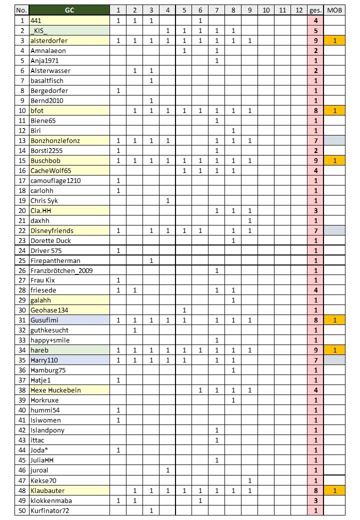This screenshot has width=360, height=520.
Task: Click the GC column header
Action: tap(69, 10)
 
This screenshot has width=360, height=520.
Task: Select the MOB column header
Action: tap(334, 10)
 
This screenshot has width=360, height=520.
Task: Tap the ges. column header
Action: tap(316, 10)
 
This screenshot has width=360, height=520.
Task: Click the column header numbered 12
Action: tap(299, 10)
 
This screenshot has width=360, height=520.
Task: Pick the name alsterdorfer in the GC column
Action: tap(49, 40)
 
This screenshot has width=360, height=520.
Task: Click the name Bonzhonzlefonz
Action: tap(55, 140)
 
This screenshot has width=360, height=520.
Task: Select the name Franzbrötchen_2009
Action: tap(61, 270)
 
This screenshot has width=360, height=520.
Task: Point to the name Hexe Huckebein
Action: tap(55, 390)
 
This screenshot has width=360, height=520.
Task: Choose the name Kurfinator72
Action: tap(50, 510)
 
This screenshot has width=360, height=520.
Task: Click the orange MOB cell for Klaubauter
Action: tap(334, 490)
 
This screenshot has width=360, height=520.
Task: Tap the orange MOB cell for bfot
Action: tap(334, 110)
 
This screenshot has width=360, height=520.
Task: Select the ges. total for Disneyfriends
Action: tap(316, 230)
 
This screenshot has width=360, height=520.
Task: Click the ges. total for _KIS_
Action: tap(316, 30)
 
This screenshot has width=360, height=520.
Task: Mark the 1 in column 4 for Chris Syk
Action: tap(167, 200)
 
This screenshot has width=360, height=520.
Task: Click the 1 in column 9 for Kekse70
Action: tap(249, 480)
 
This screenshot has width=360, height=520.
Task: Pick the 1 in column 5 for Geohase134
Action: tap(184, 310)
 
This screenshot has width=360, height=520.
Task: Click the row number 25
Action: tap(21, 260)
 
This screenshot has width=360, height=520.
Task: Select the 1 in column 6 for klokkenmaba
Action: tap(200, 500)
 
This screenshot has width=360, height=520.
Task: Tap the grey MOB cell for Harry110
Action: tap(334, 360)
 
